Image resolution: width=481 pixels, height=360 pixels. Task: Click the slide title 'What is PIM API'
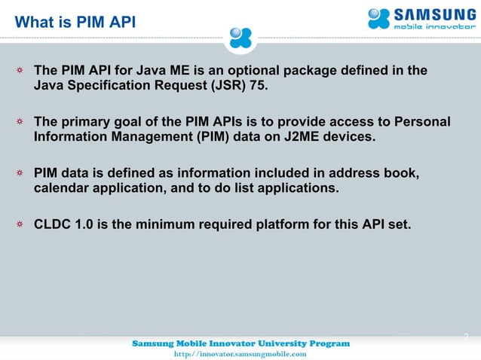coord(75,22)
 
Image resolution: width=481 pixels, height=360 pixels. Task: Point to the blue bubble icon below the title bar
coord(245,37)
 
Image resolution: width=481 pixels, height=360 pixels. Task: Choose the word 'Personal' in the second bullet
coord(423,122)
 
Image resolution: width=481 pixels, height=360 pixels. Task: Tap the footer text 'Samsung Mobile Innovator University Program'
coord(240,343)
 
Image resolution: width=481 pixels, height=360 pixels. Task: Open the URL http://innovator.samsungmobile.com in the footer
coord(240,353)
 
